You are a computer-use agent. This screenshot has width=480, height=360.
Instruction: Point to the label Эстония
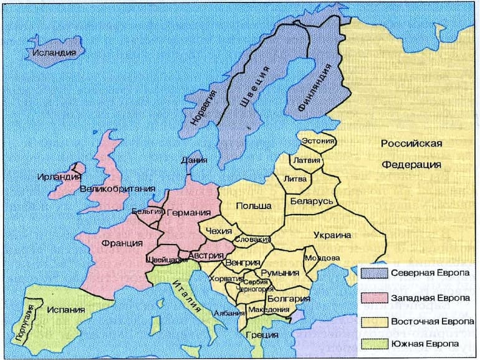click(x=319, y=141)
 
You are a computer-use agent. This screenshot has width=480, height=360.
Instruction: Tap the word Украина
click(x=333, y=235)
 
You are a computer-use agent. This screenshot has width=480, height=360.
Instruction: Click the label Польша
click(x=254, y=206)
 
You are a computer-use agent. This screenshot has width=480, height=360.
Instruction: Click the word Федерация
click(x=411, y=165)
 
